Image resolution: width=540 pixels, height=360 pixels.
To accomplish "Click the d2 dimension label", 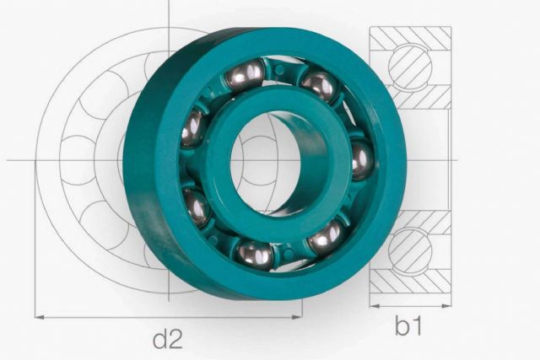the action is (167, 340).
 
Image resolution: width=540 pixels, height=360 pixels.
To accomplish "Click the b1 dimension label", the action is (408, 325).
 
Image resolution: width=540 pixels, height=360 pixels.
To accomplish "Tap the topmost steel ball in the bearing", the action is (246, 75).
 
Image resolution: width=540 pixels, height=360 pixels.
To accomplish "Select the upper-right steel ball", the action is (319, 86).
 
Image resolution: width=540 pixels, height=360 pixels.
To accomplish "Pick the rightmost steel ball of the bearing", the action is (362, 160).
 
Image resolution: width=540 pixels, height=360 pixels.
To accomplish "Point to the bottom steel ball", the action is (255, 255).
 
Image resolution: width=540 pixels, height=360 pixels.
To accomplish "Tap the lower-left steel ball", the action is (196, 207).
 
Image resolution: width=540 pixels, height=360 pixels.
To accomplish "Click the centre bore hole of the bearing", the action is (265, 161).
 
